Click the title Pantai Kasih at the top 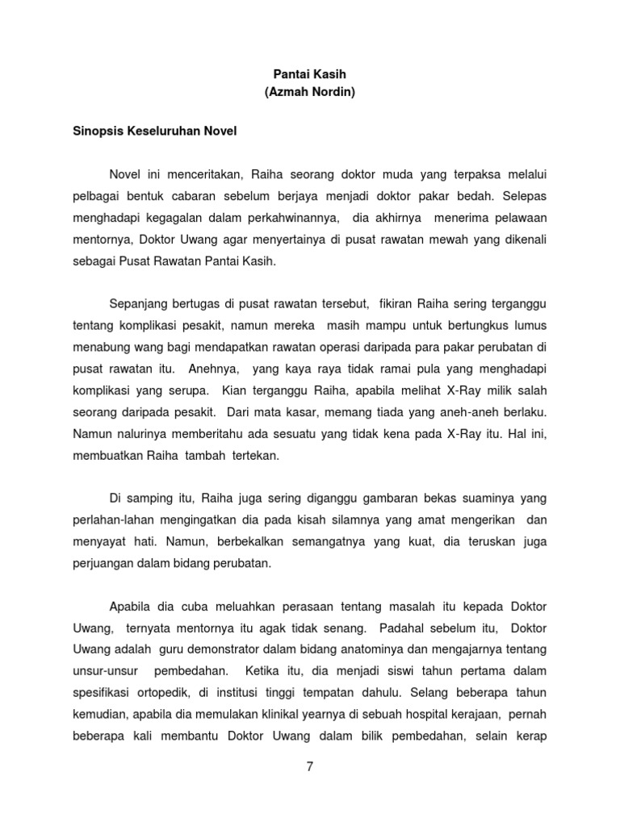pos(309,73)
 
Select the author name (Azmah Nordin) pos(309,93)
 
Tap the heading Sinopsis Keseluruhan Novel pos(155,131)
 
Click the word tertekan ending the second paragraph pos(254,454)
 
